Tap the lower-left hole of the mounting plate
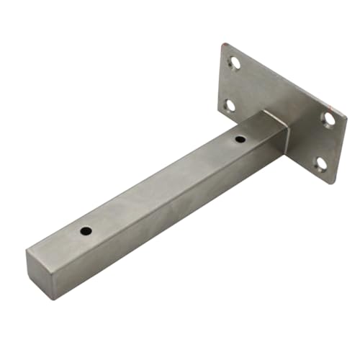point(229,106)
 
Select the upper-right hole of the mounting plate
point(328,118)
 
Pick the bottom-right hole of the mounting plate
point(321,164)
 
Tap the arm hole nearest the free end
point(86,231)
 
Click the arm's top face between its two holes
point(162,184)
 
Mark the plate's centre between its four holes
point(281,108)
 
